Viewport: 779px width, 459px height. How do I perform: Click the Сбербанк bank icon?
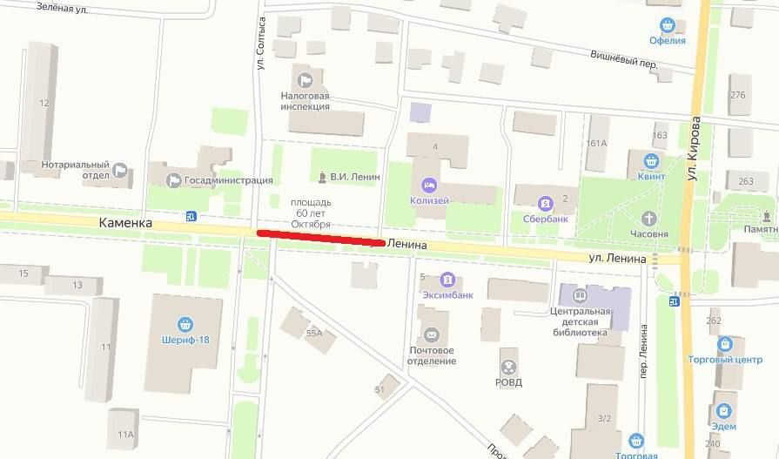[x=545, y=203]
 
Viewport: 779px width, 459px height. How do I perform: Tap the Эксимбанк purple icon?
[x=447, y=280]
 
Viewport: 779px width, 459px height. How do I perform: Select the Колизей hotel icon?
[x=429, y=185]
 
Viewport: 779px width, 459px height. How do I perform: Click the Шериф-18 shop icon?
[x=184, y=325]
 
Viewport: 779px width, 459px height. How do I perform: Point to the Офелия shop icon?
[x=668, y=25]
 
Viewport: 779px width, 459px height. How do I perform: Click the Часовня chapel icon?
[x=649, y=218]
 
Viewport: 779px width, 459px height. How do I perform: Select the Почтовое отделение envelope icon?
[x=431, y=334]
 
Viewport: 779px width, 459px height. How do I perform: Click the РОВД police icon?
[x=507, y=367]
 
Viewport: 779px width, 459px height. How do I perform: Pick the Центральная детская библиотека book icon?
[x=580, y=295]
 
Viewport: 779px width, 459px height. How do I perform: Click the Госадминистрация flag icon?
[x=174, y=180]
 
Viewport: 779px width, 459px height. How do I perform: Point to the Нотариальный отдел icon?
[x=120, y=171]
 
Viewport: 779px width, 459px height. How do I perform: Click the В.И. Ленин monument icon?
[x=322, y=178]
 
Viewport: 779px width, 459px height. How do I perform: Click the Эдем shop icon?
[x=722, y=410]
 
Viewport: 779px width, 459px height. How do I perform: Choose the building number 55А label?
[x=313, y=333]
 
